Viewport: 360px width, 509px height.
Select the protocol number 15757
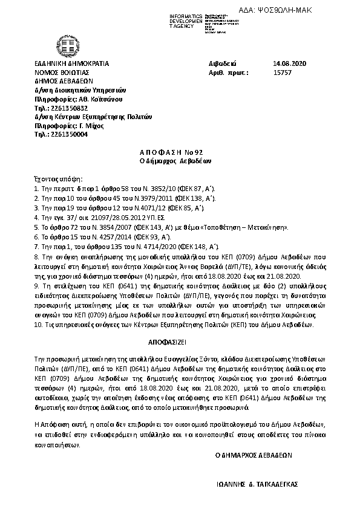coord(283,71)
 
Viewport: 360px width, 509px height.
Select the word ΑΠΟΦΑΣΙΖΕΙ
coord(180,341)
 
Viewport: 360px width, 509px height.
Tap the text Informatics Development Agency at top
coord(184,19)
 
